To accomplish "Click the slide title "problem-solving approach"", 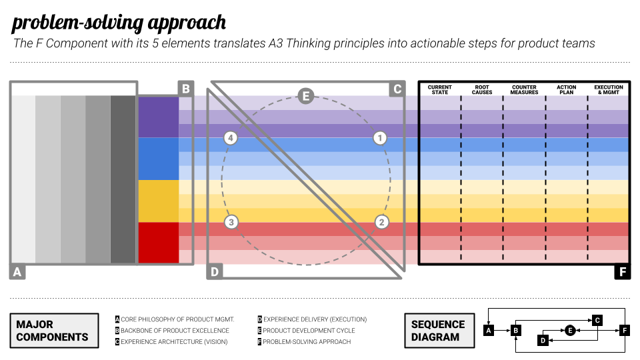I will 119,23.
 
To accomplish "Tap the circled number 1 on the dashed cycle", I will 379,139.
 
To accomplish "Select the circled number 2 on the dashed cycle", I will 381,222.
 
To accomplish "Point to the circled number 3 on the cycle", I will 231,222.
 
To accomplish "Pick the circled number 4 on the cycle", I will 231,139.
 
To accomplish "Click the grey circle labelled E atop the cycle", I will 305,96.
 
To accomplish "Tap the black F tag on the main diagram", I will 622,272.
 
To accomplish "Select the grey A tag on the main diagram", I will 18,272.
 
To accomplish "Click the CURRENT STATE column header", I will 440,89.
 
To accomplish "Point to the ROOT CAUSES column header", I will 482,89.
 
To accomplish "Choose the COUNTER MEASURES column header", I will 524,89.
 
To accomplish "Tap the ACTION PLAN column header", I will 567,89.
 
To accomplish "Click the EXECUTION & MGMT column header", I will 608,89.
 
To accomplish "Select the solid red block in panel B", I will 159,243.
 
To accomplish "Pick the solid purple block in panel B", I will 159,117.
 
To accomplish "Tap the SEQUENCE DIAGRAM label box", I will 438,331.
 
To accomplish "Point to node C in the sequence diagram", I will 598,320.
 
